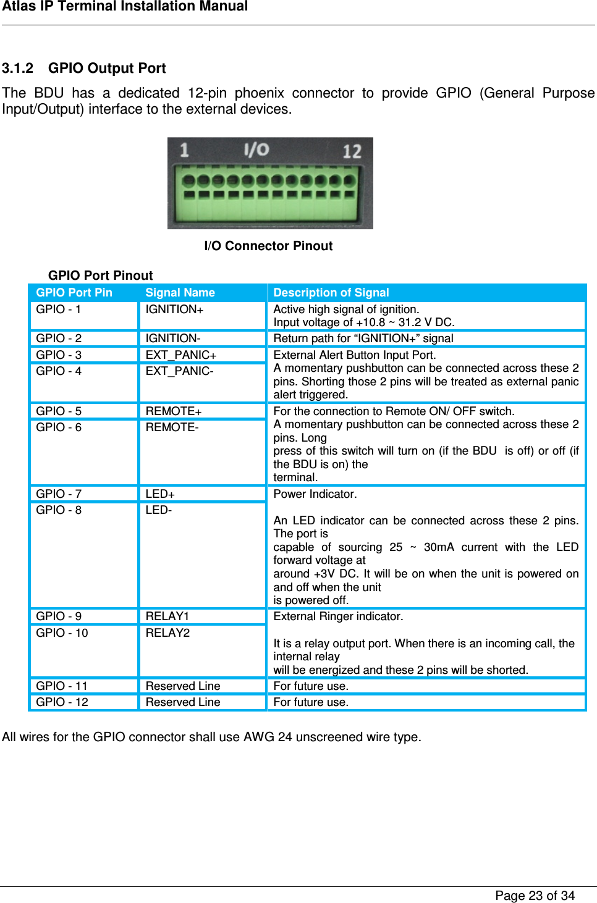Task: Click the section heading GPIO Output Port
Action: [107, 69]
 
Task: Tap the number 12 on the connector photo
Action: [351, 151]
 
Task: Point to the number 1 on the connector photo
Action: [184, 150]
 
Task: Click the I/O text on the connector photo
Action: [256, 149]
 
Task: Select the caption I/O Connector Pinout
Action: [268, 246]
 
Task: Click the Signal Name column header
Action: [180, 293]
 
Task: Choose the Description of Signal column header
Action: [331, 293]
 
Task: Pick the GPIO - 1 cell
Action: [59, 309]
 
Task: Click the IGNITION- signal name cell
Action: [173, 338]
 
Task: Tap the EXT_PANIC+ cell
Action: [181, 355]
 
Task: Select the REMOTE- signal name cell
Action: [172, 427]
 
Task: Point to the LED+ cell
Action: [160, 494]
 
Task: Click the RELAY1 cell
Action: [167, 616]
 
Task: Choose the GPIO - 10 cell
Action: [62, 633]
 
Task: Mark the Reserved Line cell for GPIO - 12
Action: [183, 702]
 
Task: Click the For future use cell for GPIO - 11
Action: [311, 686]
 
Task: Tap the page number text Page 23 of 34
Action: [535, 896]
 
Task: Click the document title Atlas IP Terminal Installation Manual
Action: [125, 7]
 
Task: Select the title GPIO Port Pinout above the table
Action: [100, 275]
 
